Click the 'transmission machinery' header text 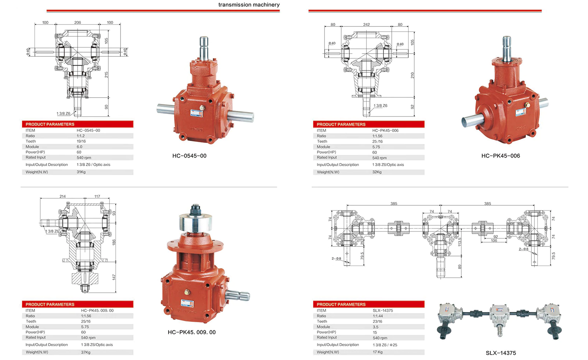click(x=249, y=5)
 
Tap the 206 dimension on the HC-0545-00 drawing click(x=78, y=22)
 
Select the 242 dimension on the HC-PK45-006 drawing click(x=366, y=24)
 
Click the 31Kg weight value click(x=81, y=172)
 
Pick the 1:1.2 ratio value click(x=80, y=136)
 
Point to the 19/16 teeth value click(x=81, y=141)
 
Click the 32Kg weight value click(x=377, y=172)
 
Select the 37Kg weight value click(x=86, y=352)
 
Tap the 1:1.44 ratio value click(x=378, y=316)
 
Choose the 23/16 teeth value click(x=377, y=321)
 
